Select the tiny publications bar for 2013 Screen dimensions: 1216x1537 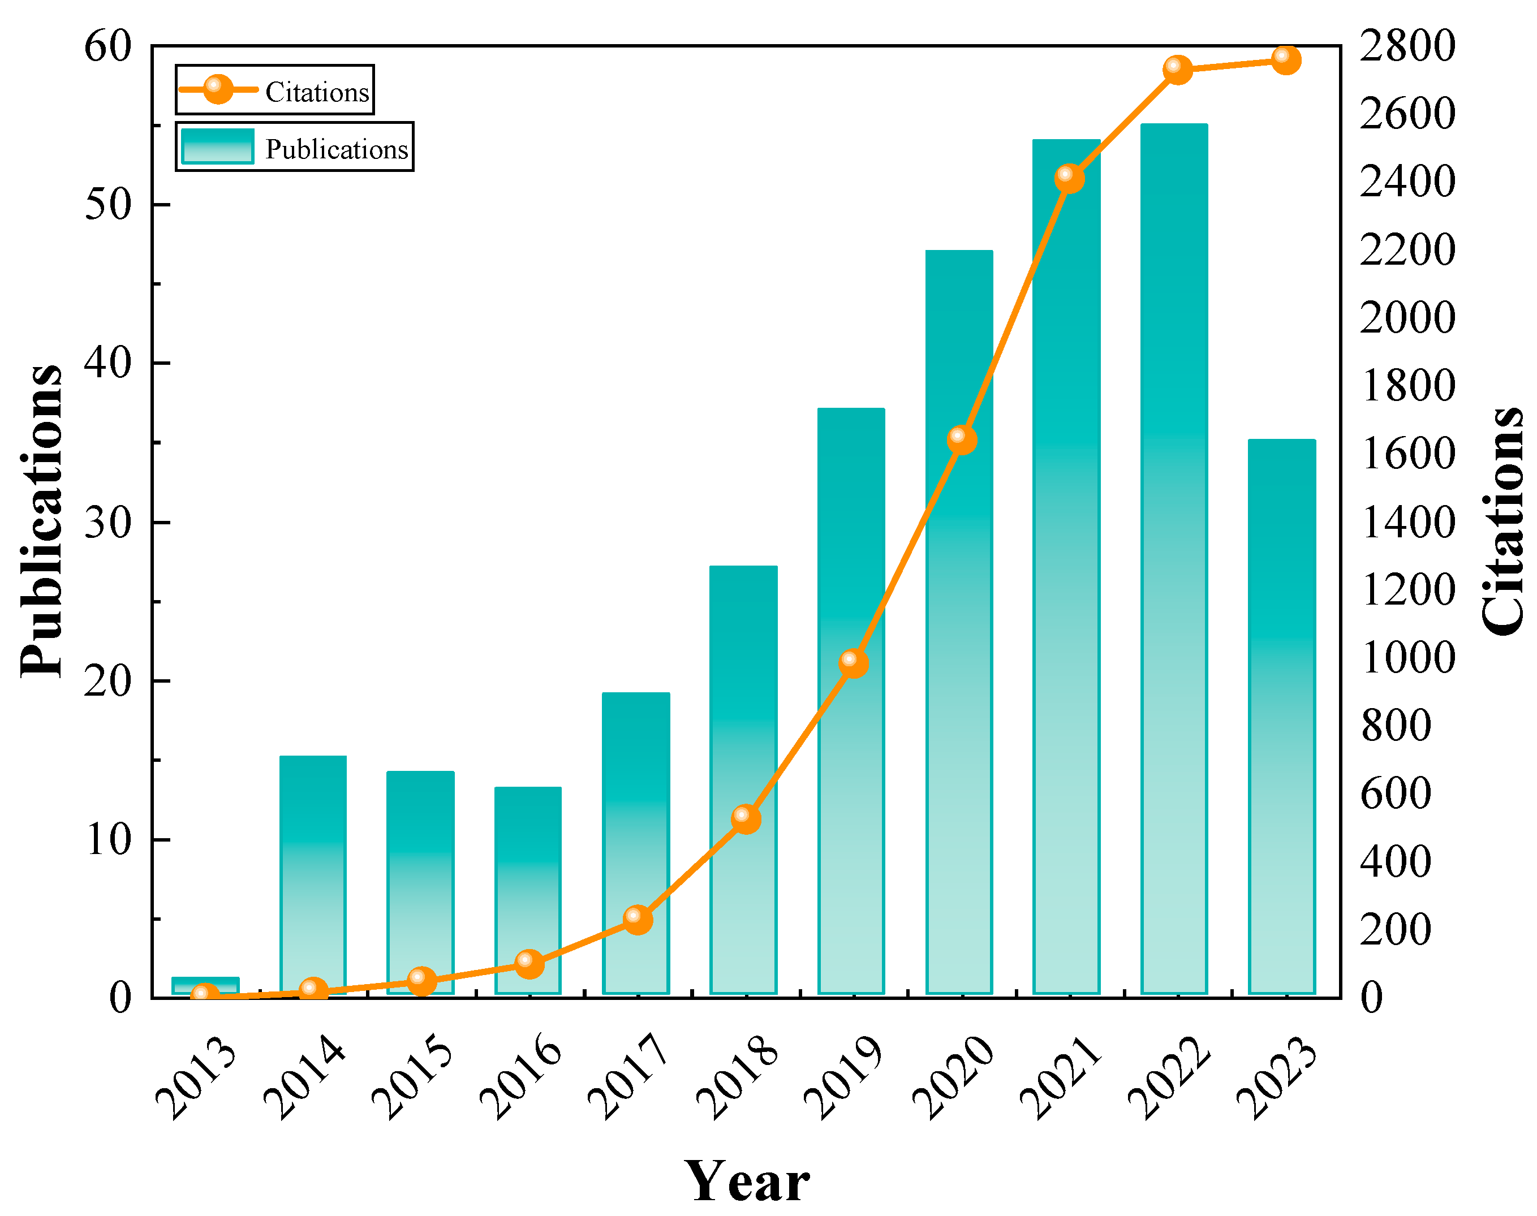click(205, 985)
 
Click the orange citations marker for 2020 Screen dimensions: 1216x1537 click(961, 439)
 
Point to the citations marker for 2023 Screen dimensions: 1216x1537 click(1286, 59)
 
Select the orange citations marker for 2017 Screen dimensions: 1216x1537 click(637, 919)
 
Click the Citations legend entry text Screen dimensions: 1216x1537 click(317, 93)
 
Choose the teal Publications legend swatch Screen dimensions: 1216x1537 click(217, 146)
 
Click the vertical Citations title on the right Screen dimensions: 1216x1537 click(1502, 520)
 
